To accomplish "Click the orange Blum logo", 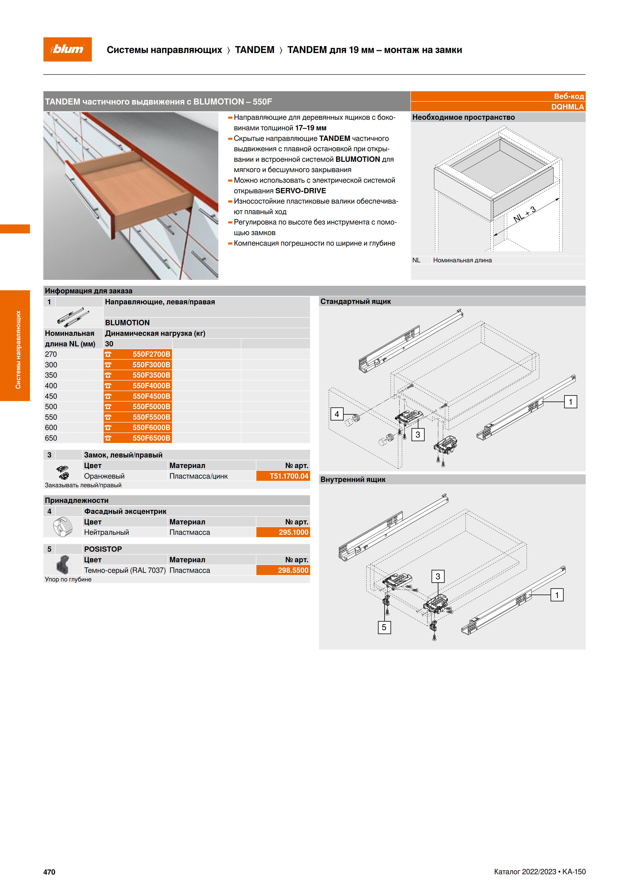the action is click(67, 49).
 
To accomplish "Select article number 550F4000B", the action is click(151, 386).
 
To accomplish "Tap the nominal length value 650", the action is click(51, 438).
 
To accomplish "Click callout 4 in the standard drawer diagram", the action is click(337, 414).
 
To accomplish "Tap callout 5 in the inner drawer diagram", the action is click(384, 627).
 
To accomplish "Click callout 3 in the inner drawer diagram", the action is click(438, 576).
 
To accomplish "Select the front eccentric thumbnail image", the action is click(63, 527).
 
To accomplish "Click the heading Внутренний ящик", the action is click(353, 479).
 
